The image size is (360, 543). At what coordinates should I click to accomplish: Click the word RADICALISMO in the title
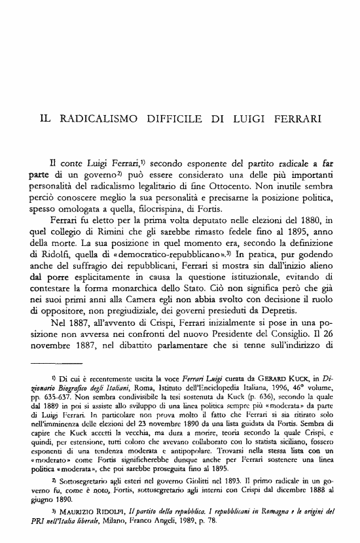100,121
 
